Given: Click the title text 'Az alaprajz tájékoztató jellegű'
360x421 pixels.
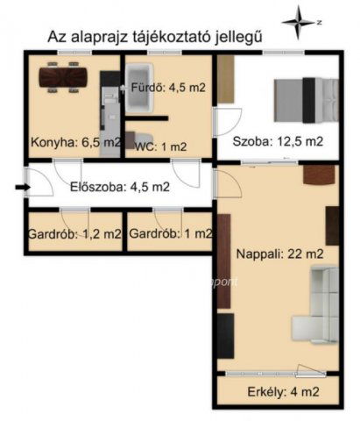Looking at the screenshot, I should [x=152, y=36].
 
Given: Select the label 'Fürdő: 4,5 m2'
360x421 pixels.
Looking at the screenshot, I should [x=168, y=88].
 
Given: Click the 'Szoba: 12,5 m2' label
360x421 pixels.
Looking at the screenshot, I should [x=278, y=140].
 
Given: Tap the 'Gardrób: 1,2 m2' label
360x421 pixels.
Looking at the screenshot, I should [x=76, y=233].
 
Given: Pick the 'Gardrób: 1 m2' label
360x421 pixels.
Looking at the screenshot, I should [x=170, y=233].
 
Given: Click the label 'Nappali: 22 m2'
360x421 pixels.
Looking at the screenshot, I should [x=275, y=254].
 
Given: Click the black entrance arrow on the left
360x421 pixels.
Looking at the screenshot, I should [x=20, y=186].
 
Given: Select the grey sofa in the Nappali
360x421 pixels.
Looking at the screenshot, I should [x=321, y=306].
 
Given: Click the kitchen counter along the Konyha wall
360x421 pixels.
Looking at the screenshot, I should [x=109, y=114].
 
